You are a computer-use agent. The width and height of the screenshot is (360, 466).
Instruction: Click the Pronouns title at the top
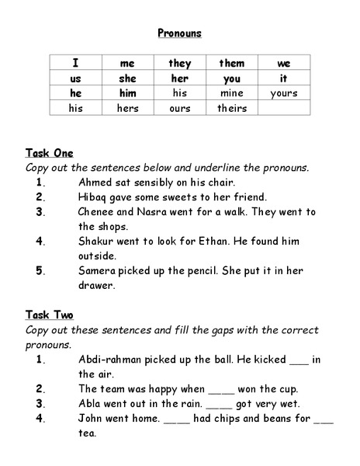coord(179,33)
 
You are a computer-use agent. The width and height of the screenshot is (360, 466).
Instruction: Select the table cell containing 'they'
coord(179,63)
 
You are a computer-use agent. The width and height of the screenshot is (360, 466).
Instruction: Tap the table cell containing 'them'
coord(231,63)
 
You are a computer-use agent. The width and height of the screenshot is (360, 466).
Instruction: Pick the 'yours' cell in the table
coord(283,93)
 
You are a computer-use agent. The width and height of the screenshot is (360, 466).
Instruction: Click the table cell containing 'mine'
coord(231,93)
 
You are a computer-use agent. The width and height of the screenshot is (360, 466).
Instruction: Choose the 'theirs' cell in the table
coord(231,108)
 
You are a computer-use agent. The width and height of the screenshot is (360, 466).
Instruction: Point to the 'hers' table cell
coord(127,108)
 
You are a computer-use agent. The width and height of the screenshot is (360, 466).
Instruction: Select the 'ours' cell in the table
coord(179,108)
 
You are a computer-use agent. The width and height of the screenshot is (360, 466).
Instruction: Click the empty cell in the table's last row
coord(283,108)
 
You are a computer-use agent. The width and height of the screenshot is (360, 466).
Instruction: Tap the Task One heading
coord(49,153)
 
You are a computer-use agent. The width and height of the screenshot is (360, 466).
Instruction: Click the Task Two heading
coord(49,315)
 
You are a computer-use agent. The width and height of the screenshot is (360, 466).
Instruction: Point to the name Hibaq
coord(95,196)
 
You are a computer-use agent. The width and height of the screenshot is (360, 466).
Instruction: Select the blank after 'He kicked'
coord(299,361)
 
